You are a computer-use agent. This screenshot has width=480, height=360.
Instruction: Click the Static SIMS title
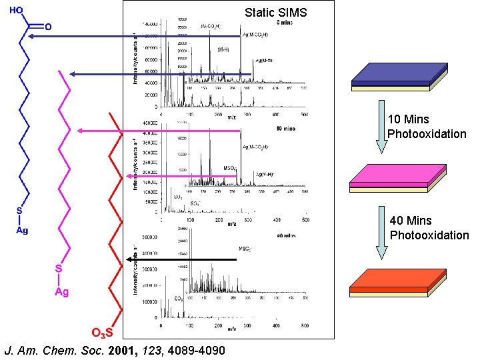pyautogui.click(x=275, y=12)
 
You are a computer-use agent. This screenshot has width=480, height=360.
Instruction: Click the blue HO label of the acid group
pyautogui.click(x=17, y=11)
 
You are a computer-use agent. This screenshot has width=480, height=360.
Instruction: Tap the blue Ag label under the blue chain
pyautogui.click(x=22, y=231)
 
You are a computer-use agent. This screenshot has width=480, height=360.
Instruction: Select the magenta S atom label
pyautogui.click(x=59, y=268)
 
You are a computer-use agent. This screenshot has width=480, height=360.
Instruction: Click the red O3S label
pyautogui.click(x=103, y=333)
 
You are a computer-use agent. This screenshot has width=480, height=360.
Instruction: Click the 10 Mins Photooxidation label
pyautogui.click(x=427, y=127)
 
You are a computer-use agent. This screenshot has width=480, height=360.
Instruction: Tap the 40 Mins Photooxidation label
pyautogui.click(x=429, y=227)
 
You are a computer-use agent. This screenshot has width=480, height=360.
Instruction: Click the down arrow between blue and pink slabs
pyautogui.click(x=381, y=127)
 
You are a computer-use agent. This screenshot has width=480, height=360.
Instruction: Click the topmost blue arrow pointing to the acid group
pyautogui.click(x=133, y=37)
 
